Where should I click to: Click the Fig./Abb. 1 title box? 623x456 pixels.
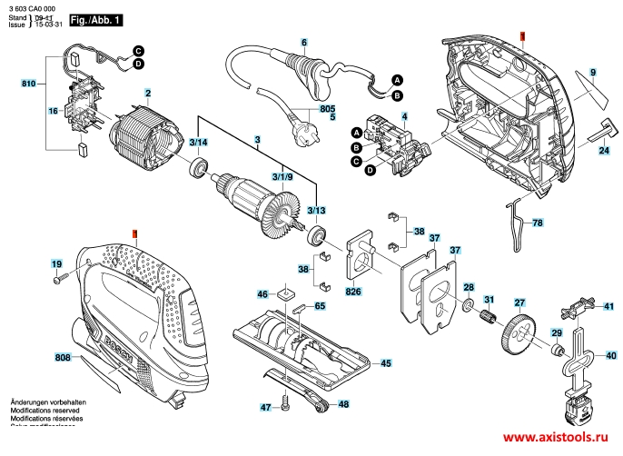(x=94, y=19)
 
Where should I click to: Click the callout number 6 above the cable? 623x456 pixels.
(x=304, y=43)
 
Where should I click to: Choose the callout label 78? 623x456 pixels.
(x=537, y=223)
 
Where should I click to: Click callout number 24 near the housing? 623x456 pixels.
(x=603, y=150)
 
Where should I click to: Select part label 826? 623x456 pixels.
(x=353, y=292)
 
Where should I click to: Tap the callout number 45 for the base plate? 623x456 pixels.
(x=386, y=363)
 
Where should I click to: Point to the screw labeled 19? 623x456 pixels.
(x=56, y=280)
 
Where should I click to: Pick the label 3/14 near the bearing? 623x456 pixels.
(x=199, y=144)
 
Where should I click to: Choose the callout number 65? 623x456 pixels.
(x=319, y=306)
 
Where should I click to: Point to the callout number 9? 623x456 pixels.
(x=591, y=72)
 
